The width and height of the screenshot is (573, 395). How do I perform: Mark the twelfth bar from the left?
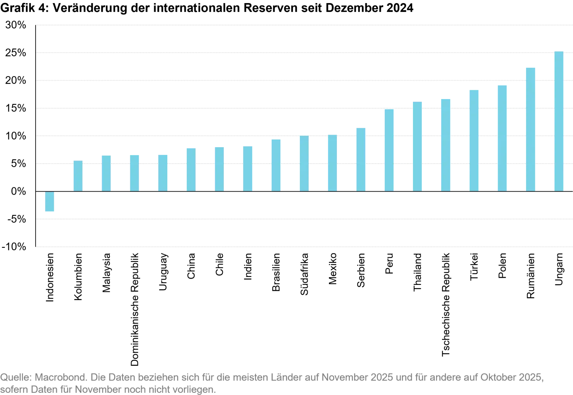coord(361,158)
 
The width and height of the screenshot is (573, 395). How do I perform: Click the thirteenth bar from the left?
coord(388,150)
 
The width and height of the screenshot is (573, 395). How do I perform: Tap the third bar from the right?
coord(501,137)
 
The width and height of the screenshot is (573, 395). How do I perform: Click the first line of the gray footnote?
coord(271,379)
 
